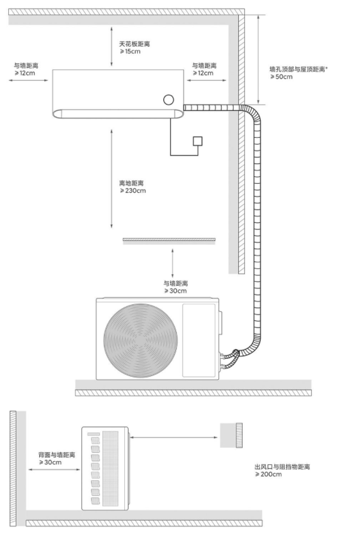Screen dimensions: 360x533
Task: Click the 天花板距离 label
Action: coord(134,44)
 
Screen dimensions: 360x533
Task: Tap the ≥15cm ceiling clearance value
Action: coord(130,52)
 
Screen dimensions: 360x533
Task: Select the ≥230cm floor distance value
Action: coord(133,191)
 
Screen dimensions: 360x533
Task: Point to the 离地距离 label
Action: coord(131,183)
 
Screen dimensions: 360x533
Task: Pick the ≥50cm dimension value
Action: coord(281,77)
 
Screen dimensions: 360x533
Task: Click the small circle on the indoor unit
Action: coord(168,99)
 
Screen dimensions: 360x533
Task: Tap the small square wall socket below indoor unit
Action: coord(197,141)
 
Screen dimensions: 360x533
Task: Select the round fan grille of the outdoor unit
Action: coord(140,340)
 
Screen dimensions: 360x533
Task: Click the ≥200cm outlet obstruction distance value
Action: coord(268,474)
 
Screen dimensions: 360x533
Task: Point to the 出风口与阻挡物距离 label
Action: coord(282,467)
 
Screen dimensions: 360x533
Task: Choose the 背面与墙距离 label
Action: coord(57,455)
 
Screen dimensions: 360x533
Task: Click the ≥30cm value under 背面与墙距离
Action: coord(51,463)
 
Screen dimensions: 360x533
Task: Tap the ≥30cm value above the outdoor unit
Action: coord(176,291)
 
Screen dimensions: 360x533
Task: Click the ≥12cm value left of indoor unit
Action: coord(24,73)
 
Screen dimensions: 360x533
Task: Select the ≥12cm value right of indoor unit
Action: coord(203,73)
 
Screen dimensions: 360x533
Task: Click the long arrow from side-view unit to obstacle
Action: coord(174,438)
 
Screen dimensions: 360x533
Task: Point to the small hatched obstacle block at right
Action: coord(231,435)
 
